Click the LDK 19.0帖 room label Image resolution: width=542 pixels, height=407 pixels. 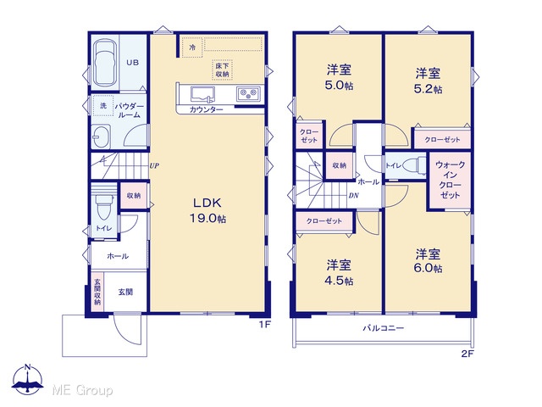[207, 210]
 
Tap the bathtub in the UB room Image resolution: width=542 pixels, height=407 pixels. [105, 63]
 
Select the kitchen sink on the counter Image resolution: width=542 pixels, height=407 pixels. [202, 94]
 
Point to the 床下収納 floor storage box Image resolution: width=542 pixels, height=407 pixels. [222, 70]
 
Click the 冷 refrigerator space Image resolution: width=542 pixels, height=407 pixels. [192, 47]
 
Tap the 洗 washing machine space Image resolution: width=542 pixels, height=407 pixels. [103, 105]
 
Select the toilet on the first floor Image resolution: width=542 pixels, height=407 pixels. [103, 206]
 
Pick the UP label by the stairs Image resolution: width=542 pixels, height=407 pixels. [154, 166]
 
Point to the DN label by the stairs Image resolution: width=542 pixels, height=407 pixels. [353, 196]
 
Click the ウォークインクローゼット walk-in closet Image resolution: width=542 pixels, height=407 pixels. [450, 180]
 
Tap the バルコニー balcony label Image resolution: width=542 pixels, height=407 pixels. [383, 328]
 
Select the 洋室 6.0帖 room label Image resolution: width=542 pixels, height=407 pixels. [428, 261]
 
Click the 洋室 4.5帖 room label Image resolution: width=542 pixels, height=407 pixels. [339, 272]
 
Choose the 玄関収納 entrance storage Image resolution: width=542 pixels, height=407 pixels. [97, 292]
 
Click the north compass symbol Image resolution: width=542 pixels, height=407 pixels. [28, 378]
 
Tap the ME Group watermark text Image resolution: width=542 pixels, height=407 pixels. [82, 390]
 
